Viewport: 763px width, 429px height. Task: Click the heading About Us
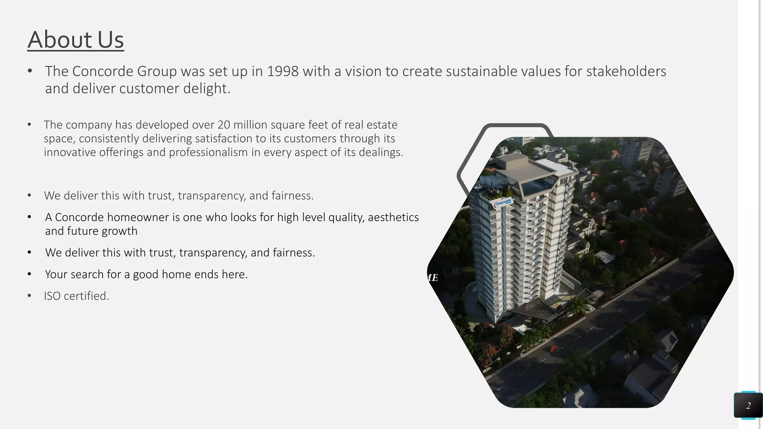point(75,39)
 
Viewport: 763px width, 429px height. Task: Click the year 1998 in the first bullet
point(282,71)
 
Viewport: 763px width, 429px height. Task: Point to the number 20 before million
point(224,124)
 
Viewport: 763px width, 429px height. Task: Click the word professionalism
point(208,152)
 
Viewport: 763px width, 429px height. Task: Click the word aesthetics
point(393,217)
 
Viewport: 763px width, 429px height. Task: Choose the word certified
point(86,296)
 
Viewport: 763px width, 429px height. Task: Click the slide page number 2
point(748,406)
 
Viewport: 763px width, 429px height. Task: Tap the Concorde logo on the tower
point(503,203)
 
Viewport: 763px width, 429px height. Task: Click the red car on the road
point(553,349)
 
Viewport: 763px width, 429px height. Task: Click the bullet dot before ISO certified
point(29,296)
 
